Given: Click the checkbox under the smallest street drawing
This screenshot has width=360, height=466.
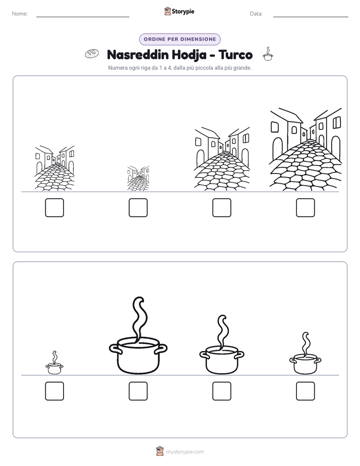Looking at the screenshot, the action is pos(138,208).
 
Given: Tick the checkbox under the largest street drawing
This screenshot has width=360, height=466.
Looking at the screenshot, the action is pos(306,208).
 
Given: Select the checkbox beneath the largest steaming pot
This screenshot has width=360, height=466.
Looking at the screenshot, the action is pos(138,391).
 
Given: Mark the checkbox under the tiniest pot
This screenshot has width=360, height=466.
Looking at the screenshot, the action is pos(54,391).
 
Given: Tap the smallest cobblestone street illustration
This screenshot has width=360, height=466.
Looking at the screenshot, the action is pos(138,179).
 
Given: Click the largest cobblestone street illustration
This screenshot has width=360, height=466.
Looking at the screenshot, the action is pos(306,149).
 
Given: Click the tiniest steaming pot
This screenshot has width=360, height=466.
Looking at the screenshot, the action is pos(54,363).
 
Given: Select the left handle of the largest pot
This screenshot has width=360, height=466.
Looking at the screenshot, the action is pos(115,348).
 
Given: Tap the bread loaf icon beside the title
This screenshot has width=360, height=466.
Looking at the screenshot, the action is pos(92,53).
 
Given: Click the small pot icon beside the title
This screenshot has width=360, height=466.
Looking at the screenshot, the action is pos(268,54).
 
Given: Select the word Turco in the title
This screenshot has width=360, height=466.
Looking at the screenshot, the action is pos(235,54).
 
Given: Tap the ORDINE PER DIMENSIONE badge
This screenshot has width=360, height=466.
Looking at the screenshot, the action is pos(179,39).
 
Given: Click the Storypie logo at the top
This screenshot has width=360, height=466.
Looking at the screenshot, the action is pos(179,11).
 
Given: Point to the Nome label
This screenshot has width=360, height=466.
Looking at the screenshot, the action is pos(20,14).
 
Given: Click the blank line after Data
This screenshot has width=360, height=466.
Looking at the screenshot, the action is pos(311,17).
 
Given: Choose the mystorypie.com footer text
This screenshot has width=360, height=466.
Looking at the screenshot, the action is pos(185,452).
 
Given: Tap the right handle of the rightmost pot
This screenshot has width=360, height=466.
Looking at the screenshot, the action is pos(318,360).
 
